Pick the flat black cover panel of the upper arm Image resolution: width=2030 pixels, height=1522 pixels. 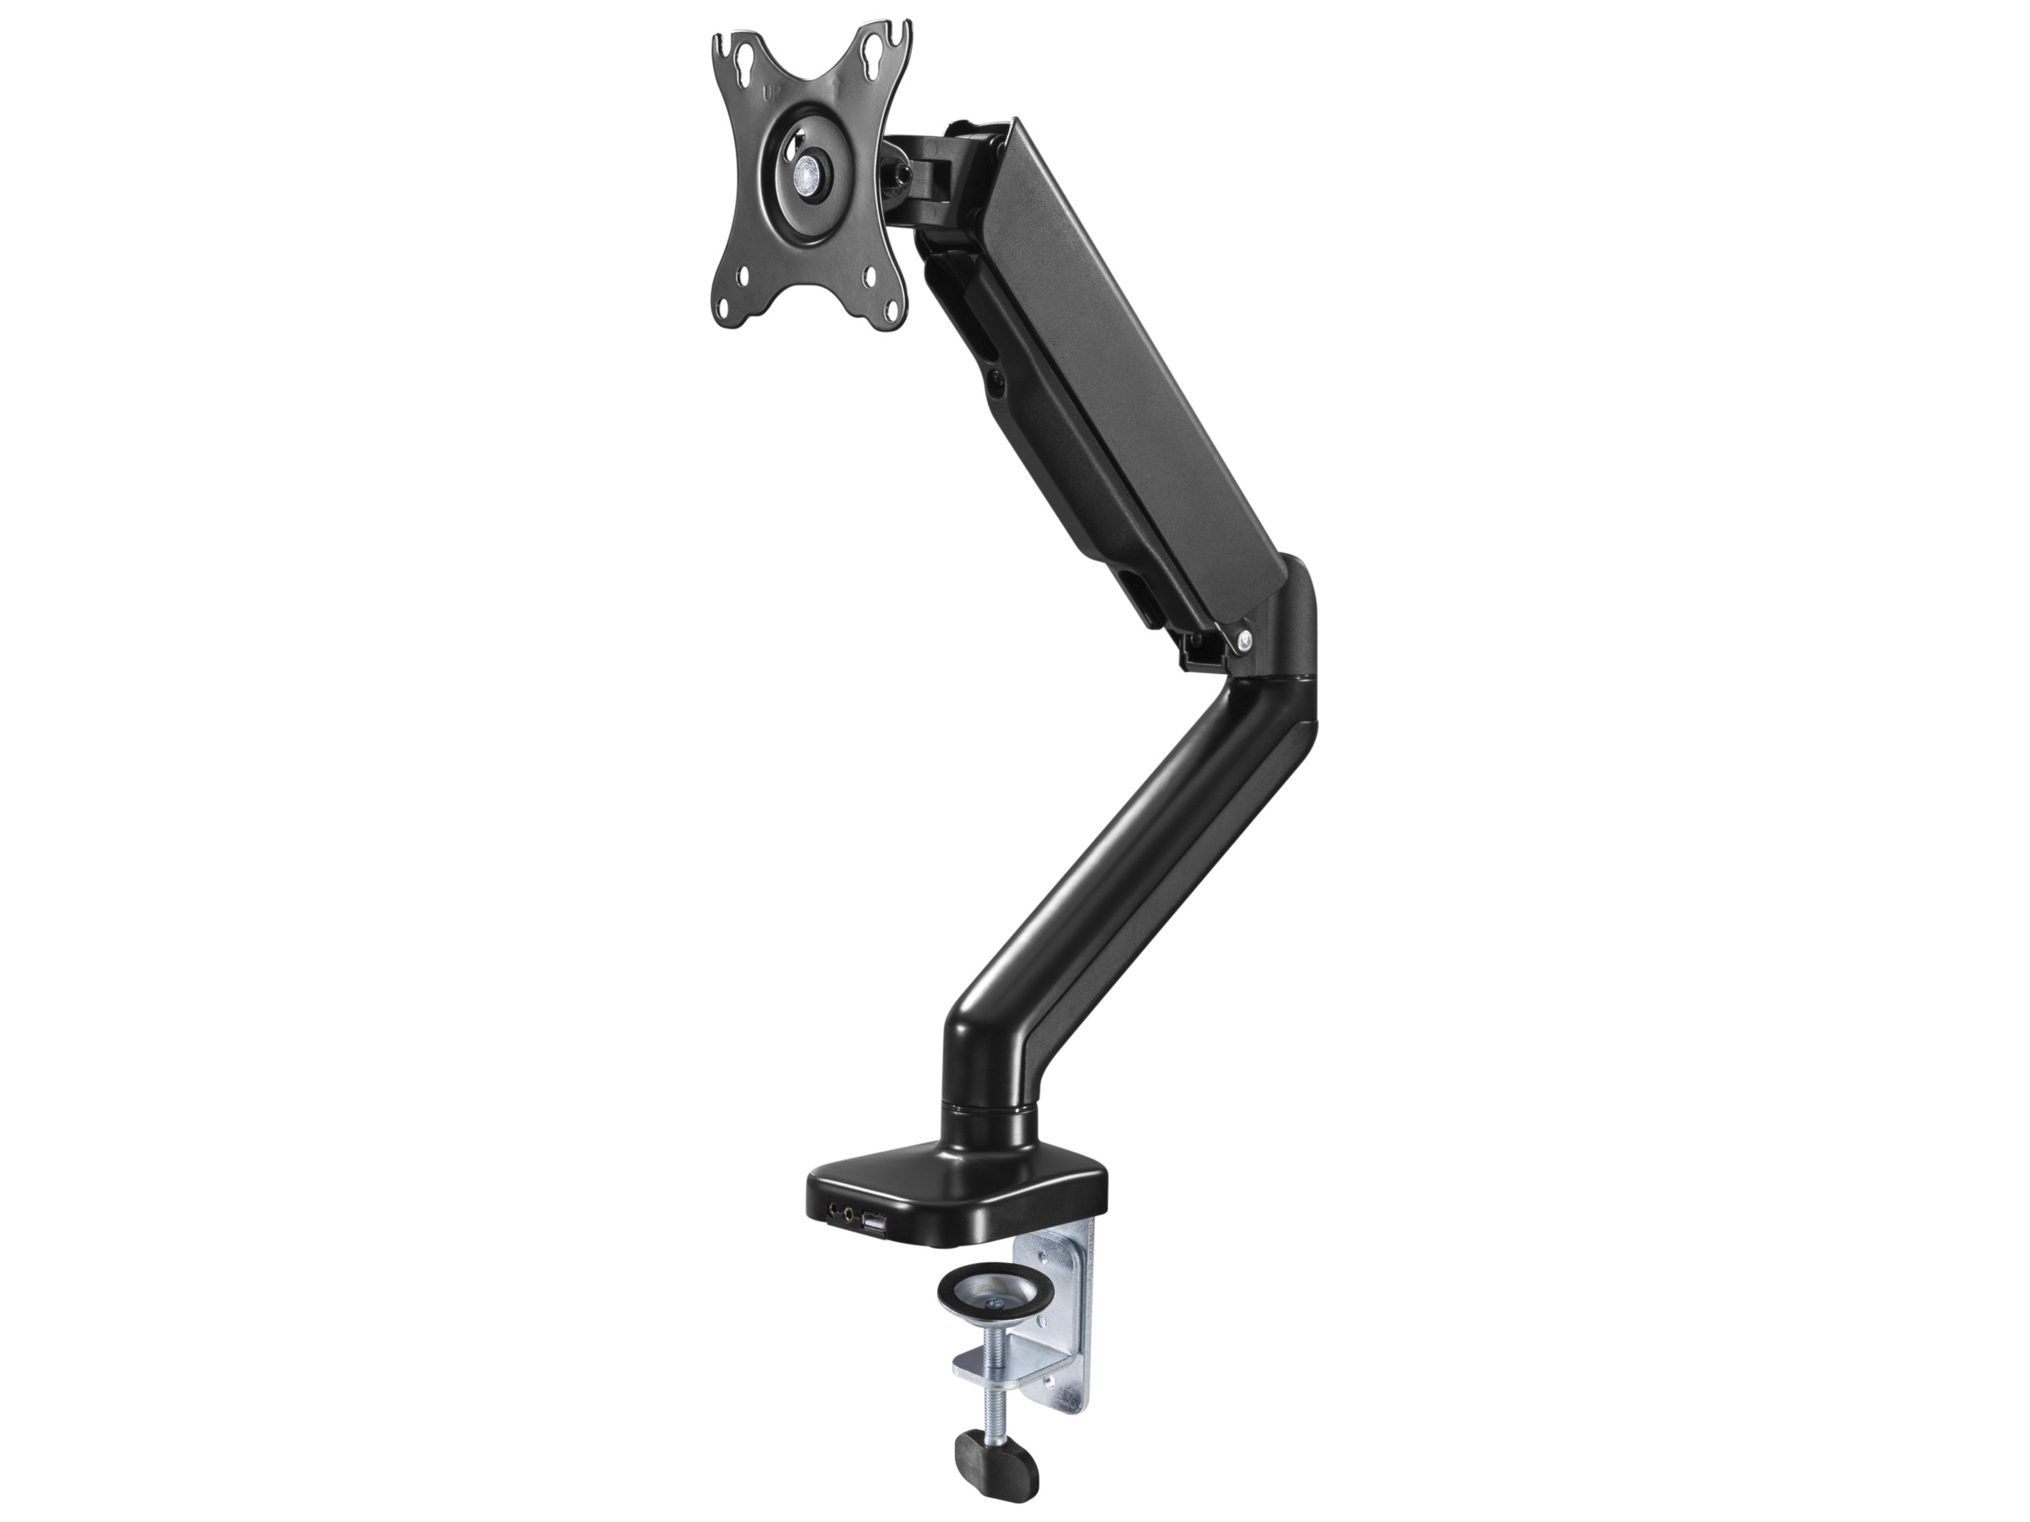pos(1138,367)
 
